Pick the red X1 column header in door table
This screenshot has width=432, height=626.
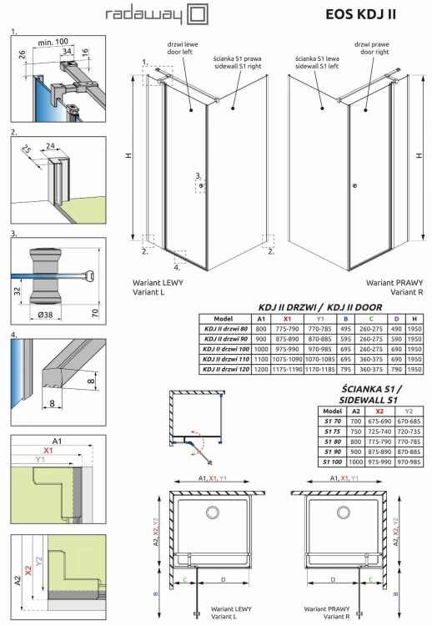click(289, 318)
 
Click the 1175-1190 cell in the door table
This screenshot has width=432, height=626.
click(289, 366)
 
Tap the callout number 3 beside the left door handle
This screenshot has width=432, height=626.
click(198, 175)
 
